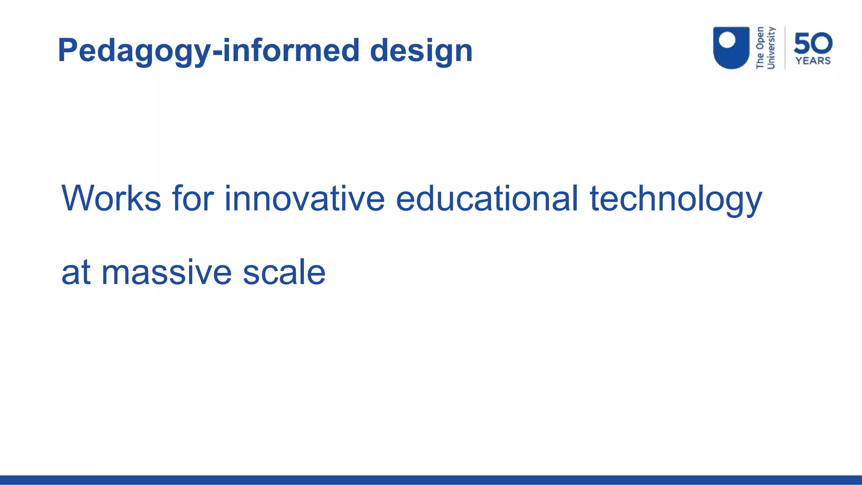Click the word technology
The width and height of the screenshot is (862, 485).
676,199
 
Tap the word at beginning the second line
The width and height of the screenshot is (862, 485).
76,272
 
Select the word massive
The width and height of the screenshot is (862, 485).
167,272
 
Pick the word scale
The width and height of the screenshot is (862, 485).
284,272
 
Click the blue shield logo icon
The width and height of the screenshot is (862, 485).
731,48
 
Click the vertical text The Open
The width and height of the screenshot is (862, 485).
760,48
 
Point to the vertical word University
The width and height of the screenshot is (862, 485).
771,48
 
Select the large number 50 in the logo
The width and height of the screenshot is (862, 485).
813,43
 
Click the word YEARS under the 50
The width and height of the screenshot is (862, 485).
813,61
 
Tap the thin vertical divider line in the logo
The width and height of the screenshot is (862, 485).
785,48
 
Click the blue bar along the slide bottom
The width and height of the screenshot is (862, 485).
431,480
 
